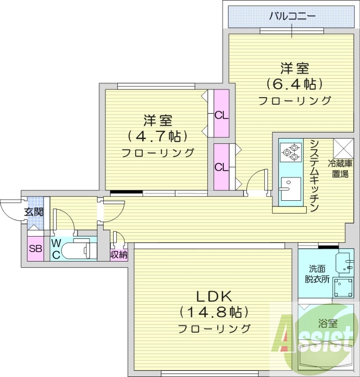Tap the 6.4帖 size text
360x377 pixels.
coord(295,84)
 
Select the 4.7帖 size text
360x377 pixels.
coord(158,136)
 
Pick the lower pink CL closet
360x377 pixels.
coord(221,167)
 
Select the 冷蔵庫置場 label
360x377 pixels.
coord(341,169)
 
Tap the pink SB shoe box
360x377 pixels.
coord(35,249)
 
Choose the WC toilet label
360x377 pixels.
coord(56,249)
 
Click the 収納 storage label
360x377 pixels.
coord(119,254)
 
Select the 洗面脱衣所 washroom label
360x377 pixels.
coord(317,273)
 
